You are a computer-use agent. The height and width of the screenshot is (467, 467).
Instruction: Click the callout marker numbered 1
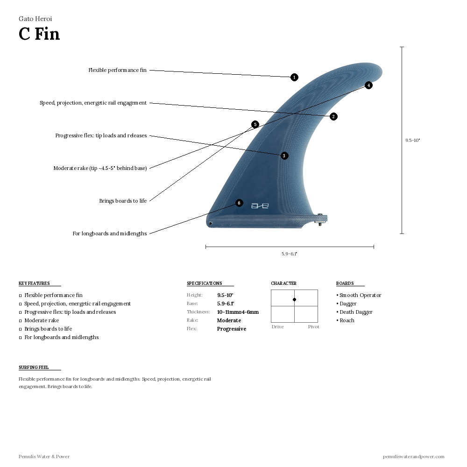pos(294,77)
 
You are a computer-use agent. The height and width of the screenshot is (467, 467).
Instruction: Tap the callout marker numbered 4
pos(368,85)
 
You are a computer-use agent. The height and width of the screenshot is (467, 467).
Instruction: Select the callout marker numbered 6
pos(239,203)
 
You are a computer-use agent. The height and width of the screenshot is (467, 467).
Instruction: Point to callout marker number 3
pos(284,156)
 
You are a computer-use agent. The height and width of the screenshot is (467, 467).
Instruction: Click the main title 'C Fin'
pos(39,34)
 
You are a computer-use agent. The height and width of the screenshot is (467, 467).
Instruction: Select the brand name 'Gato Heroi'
pos(35,19)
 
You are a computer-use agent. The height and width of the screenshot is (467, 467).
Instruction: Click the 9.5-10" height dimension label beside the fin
pos(412,140)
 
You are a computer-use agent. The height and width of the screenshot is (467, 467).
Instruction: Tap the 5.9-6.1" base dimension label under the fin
pos(290,254)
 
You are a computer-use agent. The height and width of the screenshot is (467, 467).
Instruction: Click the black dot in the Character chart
pos(294,299)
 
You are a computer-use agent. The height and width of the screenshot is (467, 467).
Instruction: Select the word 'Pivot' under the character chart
pos(313,327)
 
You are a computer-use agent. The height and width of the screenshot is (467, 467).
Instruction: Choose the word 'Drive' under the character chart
pos(277,327)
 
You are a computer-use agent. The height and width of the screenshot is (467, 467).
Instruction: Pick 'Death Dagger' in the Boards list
pos(356,312)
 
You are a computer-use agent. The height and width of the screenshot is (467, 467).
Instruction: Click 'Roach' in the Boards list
pos(347,320)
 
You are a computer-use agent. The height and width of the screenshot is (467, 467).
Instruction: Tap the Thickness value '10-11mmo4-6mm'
pos(238,312)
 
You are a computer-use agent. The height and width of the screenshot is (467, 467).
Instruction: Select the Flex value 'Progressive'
pos(231,329)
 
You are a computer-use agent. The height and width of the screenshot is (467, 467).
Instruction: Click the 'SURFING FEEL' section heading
pos(34,368)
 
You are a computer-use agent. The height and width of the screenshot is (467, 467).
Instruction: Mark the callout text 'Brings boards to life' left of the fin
pos(123,201)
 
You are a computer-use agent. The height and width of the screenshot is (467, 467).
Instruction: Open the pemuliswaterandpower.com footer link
pos(413,456)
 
